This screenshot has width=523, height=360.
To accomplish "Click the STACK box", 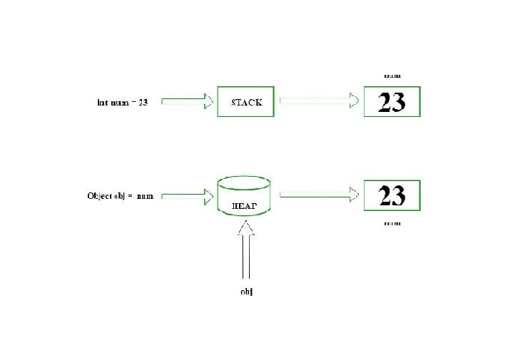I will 245,102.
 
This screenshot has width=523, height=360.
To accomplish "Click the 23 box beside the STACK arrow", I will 392,102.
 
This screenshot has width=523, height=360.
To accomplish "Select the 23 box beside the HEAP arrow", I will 392,195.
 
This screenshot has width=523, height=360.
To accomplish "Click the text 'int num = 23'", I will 122,102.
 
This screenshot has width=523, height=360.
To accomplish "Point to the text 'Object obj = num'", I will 120,195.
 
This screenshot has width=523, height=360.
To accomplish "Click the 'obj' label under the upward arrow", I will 247,292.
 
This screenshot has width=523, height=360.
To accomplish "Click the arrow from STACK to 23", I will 318,101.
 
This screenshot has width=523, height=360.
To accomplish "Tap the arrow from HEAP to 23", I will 318,194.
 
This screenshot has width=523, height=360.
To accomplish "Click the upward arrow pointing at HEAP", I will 246,250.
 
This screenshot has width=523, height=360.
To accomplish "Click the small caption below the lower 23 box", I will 392,223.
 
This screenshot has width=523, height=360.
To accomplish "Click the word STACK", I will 247,102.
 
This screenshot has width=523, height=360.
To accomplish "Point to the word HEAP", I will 245,207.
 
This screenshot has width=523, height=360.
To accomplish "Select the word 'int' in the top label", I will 101,102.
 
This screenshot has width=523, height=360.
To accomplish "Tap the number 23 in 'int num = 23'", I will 143,102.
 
